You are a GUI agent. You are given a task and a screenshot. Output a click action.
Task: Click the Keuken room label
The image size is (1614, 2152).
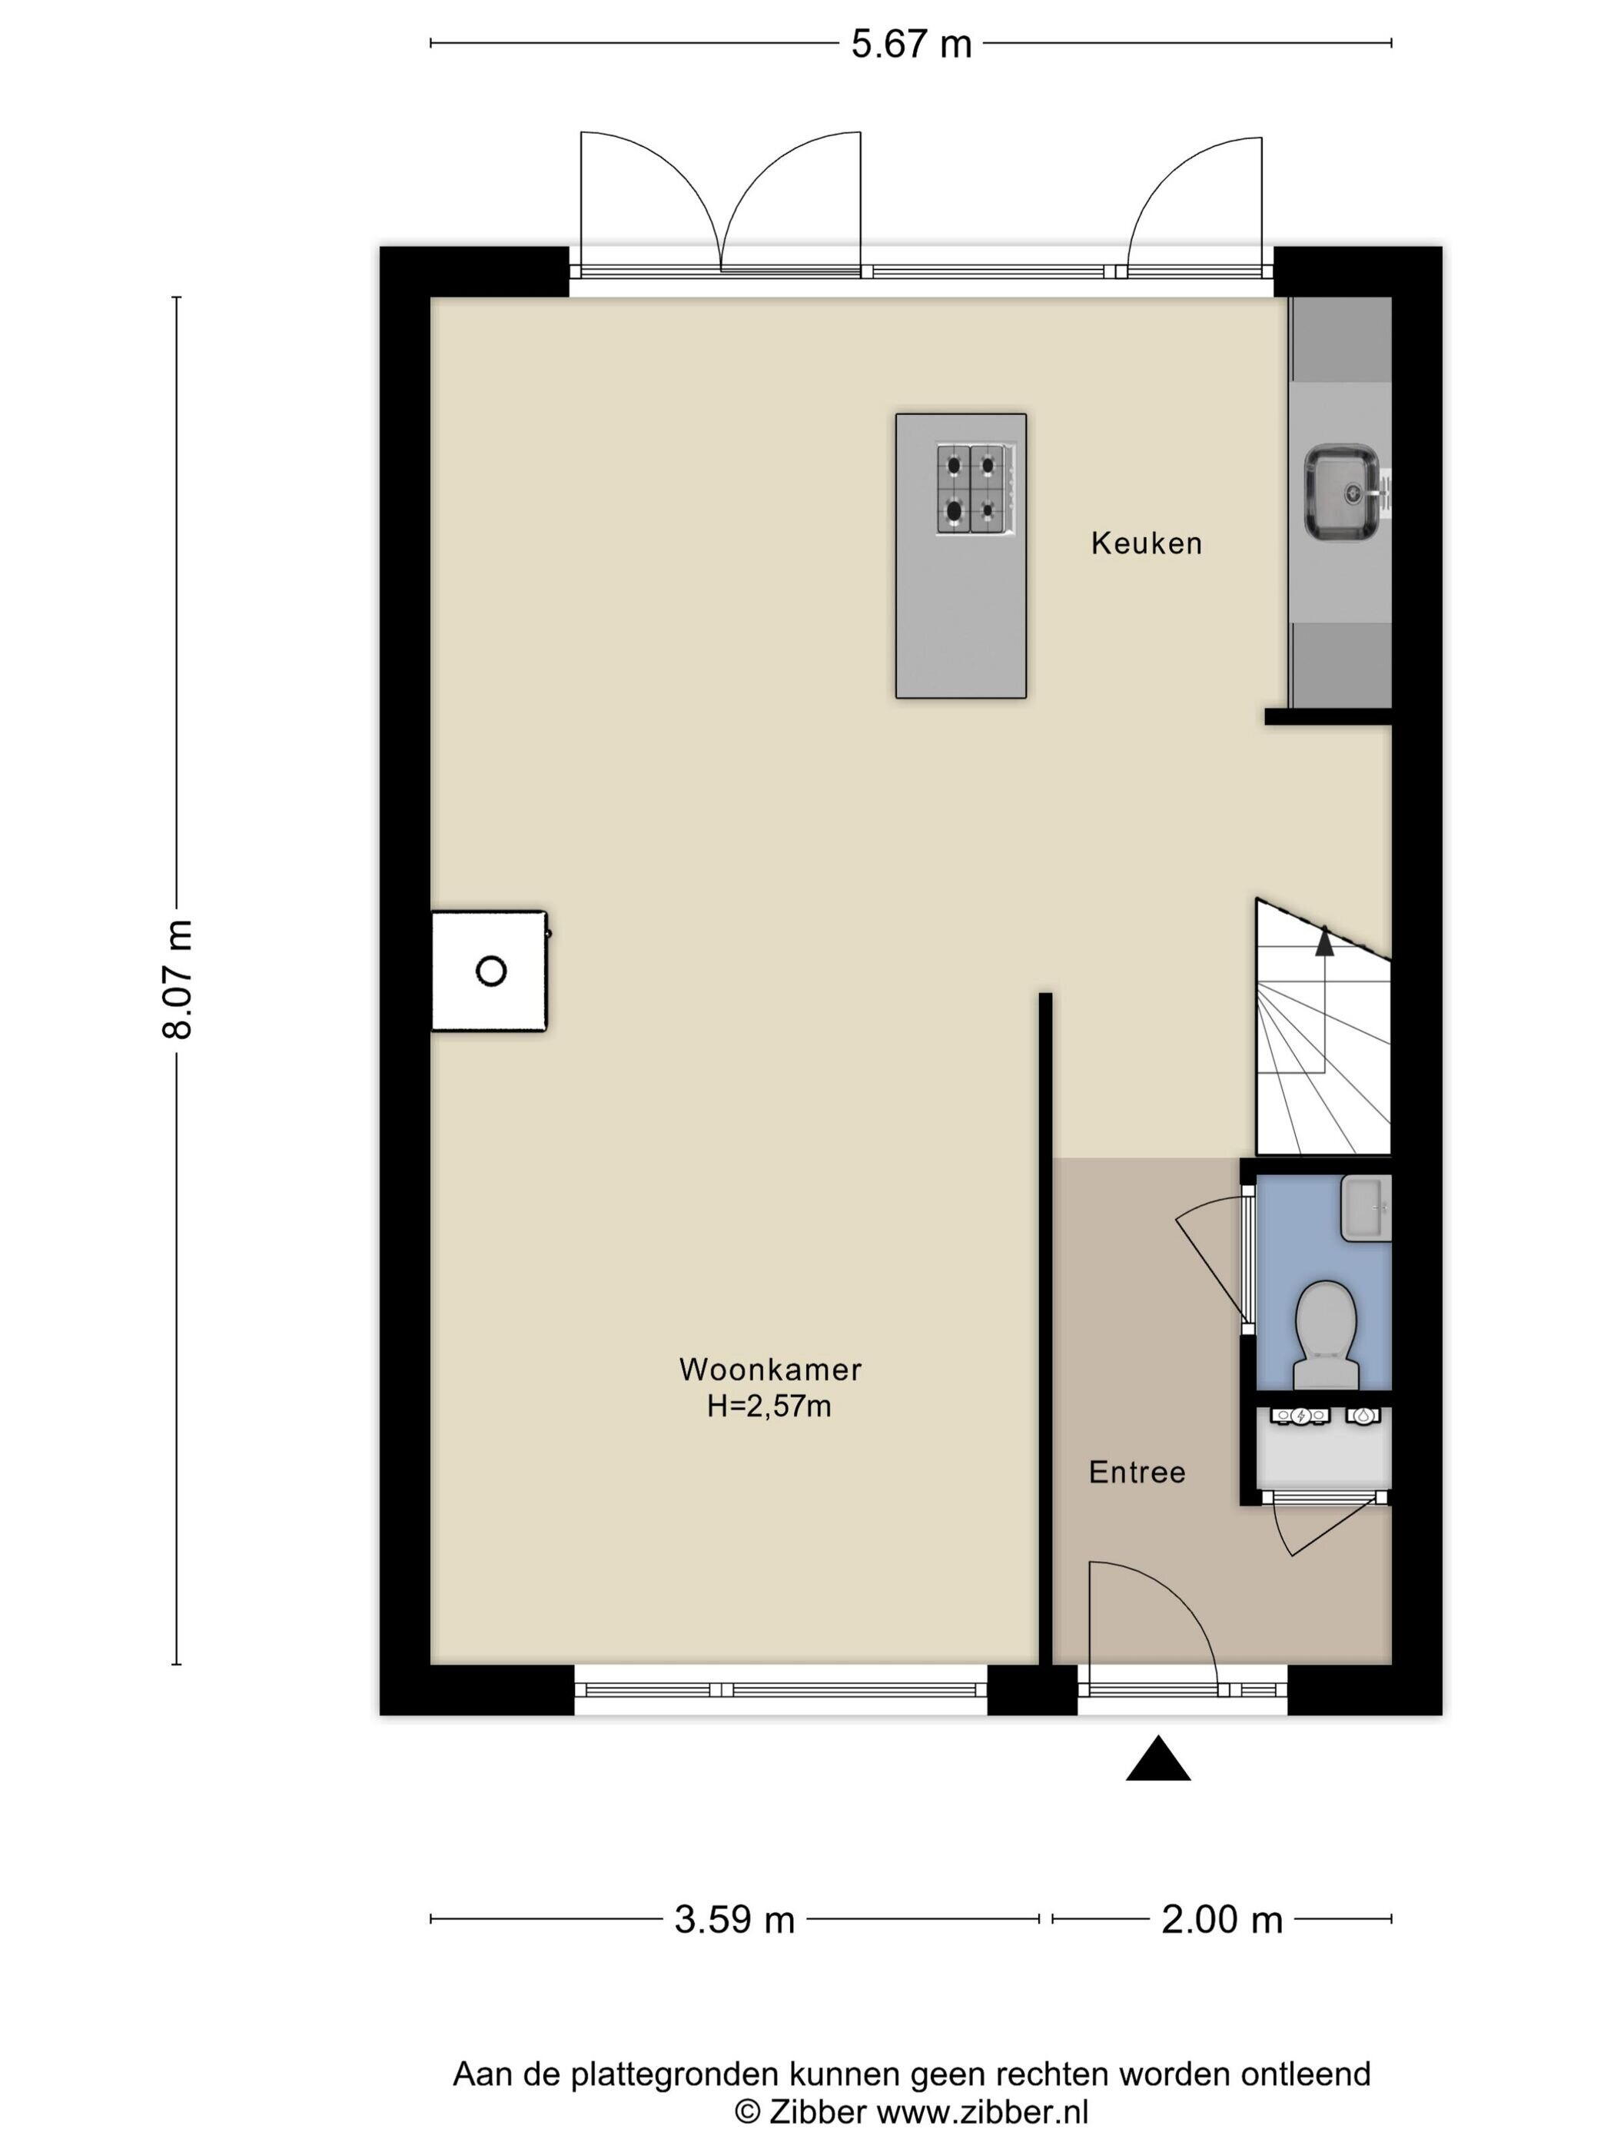click(x=1146, y=543)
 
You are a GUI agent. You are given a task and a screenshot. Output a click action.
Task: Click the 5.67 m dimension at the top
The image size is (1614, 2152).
click(x=912, y=45)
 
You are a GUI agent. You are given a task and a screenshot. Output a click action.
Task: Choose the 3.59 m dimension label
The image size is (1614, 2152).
click(x=735, y=1919)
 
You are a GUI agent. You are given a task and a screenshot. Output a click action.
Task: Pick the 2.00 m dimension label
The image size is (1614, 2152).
click(x=1222, y=1919)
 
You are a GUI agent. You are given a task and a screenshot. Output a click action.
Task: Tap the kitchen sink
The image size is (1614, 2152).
click(x=1343, y=493)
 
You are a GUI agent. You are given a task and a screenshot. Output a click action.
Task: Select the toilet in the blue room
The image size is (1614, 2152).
click(x=1326, y=1335)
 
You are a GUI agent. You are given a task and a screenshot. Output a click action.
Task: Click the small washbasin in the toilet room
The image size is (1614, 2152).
click(x=1366, y=1207)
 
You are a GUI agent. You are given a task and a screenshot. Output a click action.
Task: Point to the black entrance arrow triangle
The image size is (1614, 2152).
click(x=1157, y=1758)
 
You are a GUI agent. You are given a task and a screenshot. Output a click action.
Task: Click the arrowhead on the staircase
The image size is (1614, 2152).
click(x=1324, y=939)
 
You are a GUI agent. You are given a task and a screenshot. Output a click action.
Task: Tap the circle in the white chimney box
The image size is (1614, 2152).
click(x=491, y=971)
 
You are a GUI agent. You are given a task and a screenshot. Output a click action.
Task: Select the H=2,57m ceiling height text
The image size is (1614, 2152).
click(x=769, y=1406)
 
